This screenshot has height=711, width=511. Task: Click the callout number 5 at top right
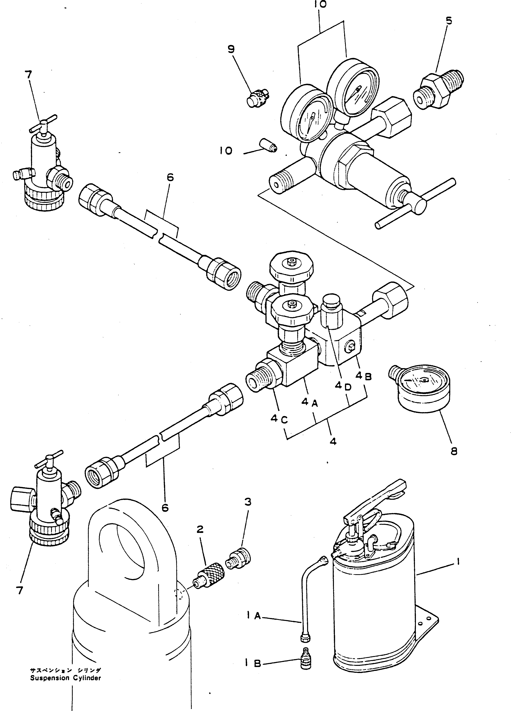(x=449, y=21)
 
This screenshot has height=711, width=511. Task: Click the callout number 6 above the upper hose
(x=170, y=178)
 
